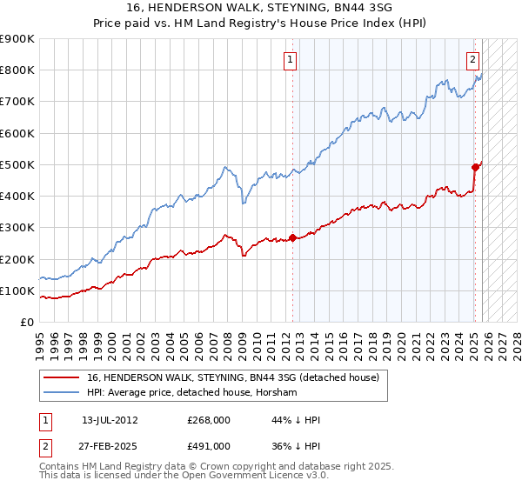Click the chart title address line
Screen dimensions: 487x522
point(260,7)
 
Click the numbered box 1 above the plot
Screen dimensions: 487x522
point(290,60)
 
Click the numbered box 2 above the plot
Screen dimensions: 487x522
point(472,60)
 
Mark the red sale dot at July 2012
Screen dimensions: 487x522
point(292,237)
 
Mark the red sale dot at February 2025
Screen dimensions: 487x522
point(475,167)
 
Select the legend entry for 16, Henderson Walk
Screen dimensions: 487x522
point(232,378)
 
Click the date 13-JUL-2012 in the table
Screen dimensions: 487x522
point(110,420)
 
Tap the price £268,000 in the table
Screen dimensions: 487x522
point(208,420)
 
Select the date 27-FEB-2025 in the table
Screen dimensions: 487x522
point(110,446)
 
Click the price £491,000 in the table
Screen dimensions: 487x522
point(208,446)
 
